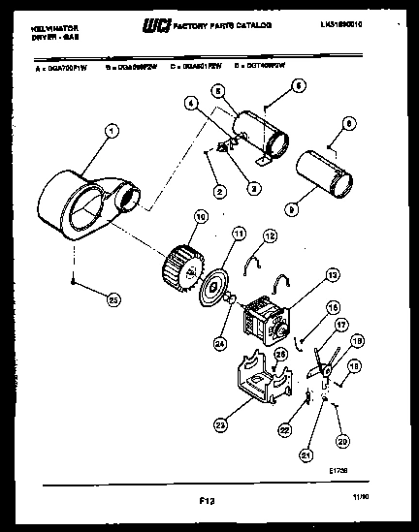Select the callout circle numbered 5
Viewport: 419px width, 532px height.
click(x=218, y=90)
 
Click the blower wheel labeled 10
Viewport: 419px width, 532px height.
click(x=181, y=261)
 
